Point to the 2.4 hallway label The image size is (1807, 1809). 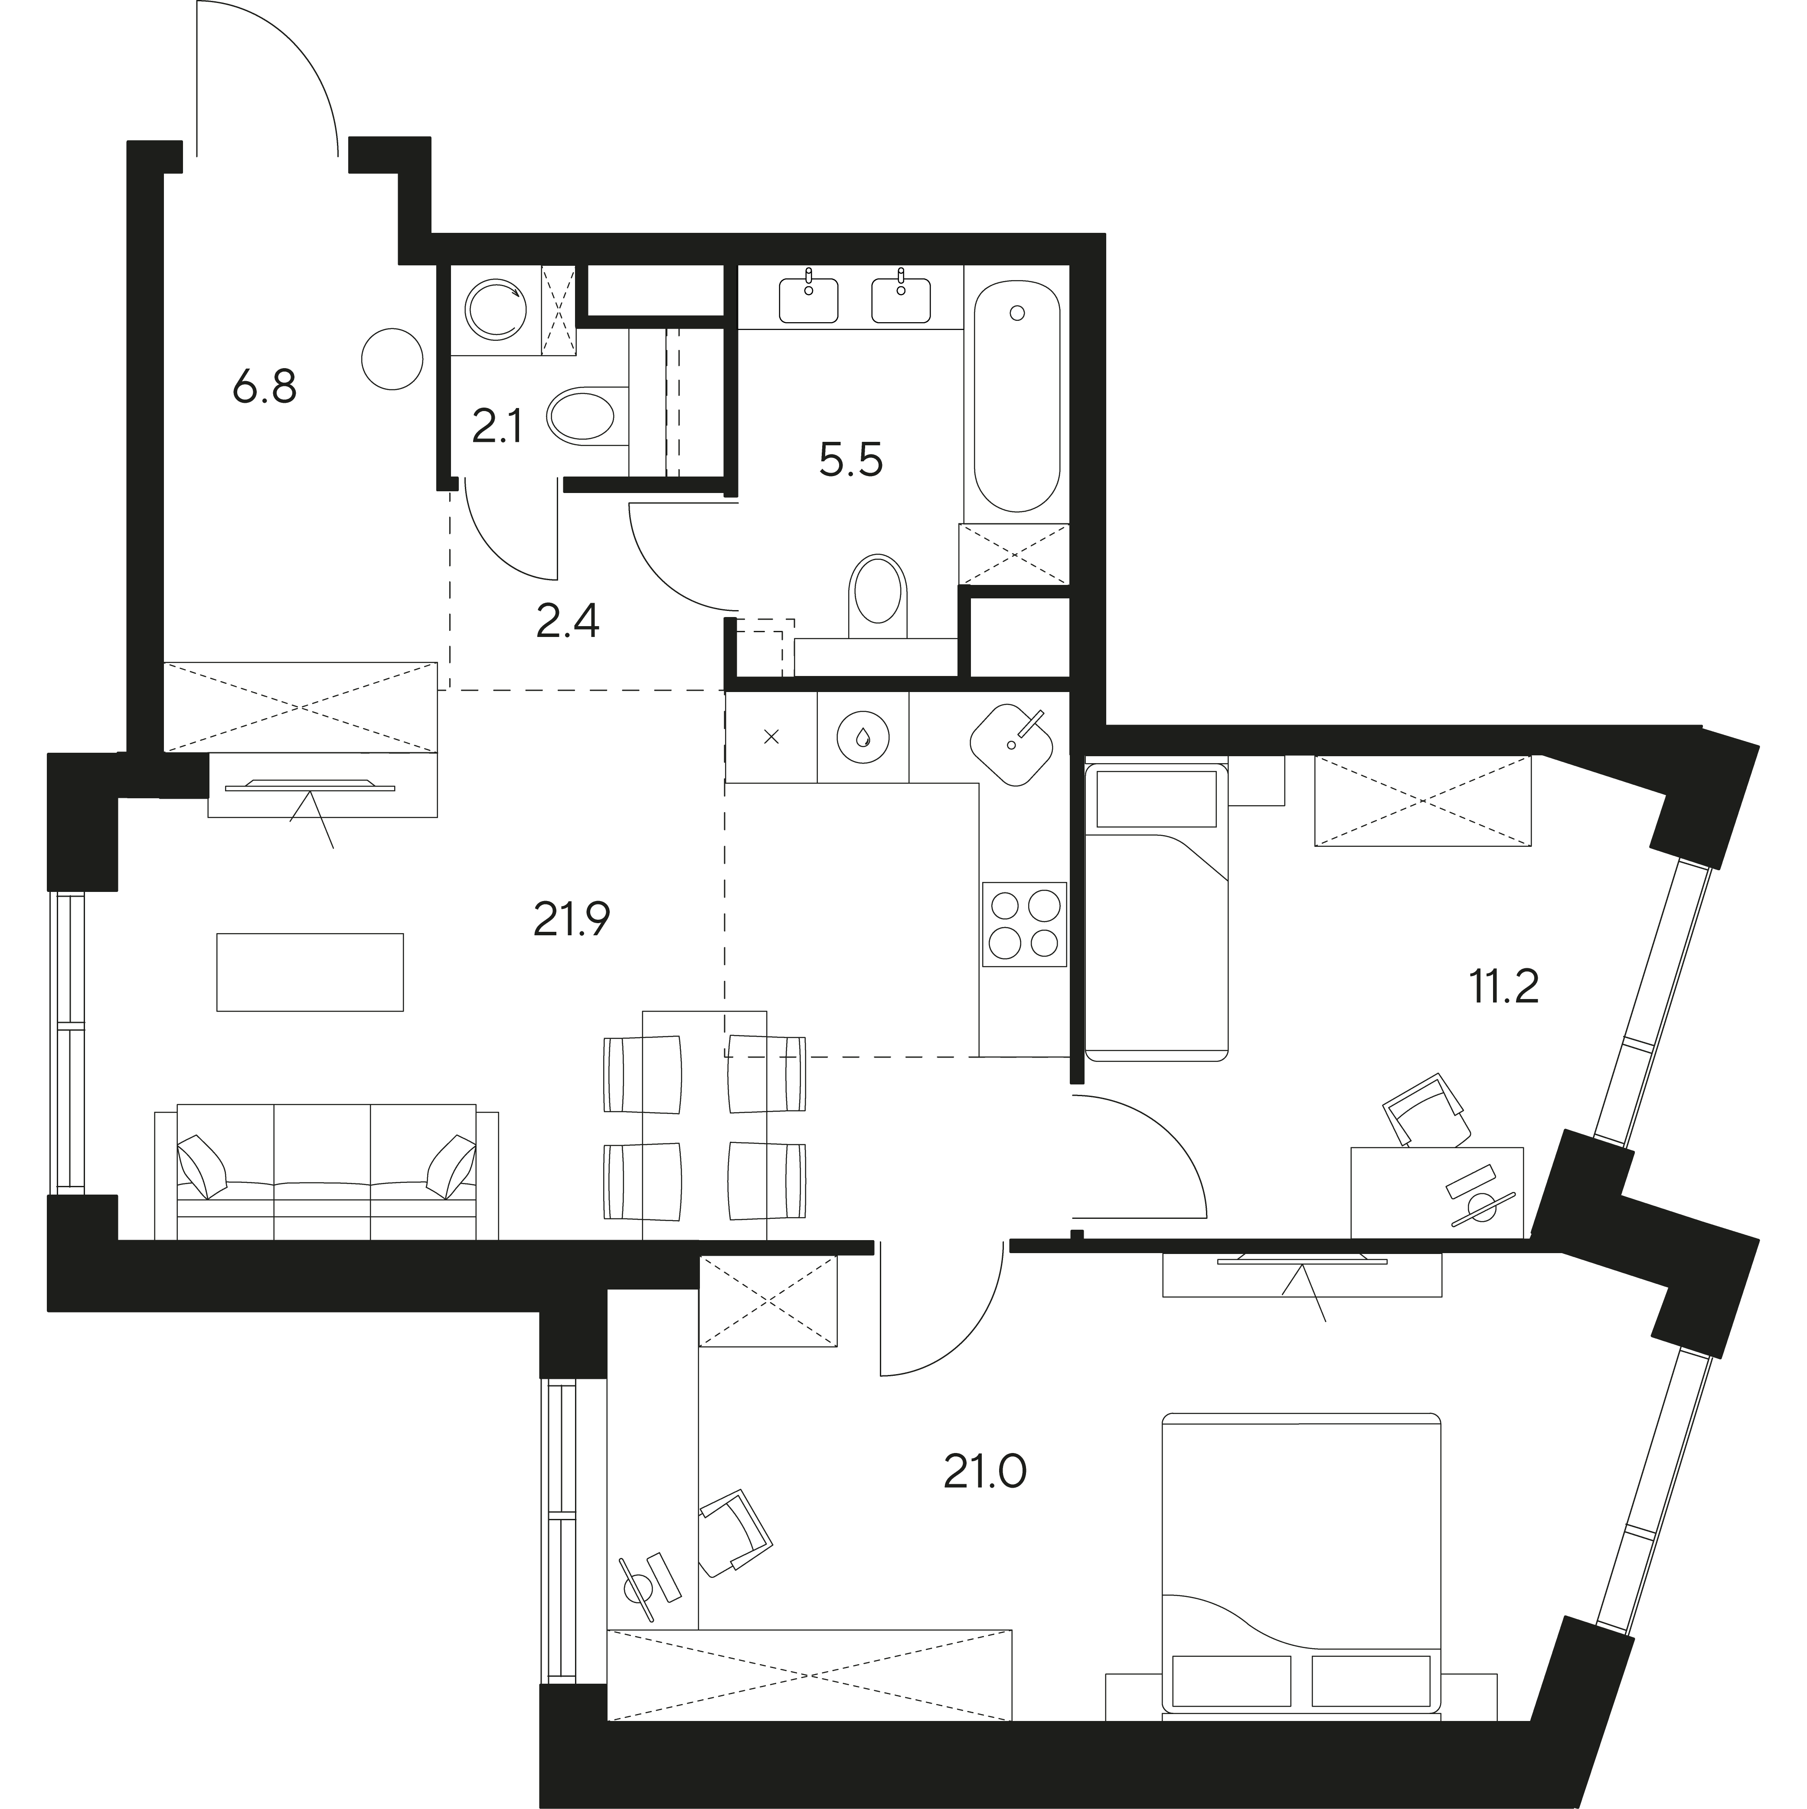[x=567, y=621]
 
